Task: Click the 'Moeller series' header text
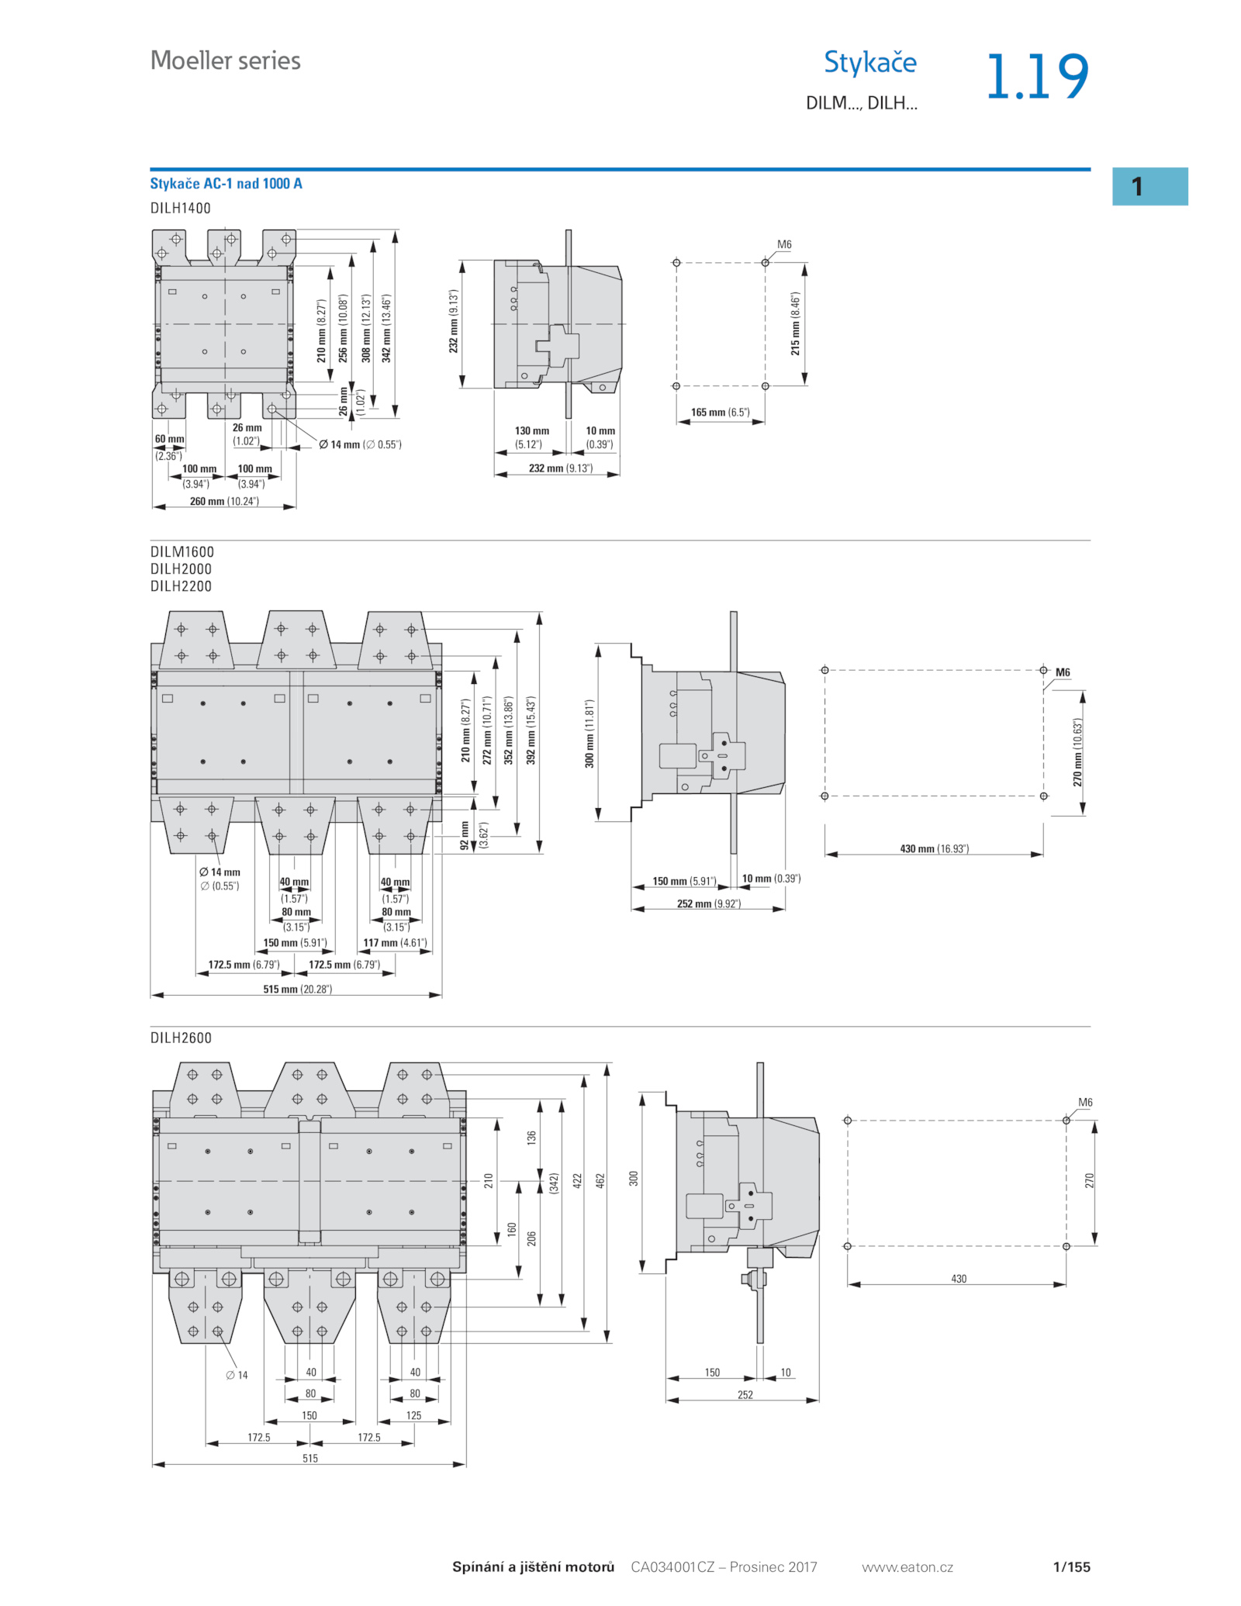coord(225,60)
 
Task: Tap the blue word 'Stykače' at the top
coord(869,62)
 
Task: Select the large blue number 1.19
coord(1037,77)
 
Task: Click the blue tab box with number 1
coord(1149,186)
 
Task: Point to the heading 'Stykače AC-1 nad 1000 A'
coord(226,184)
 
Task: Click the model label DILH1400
coord(180,208)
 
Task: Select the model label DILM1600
coord(181,551)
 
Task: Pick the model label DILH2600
coord(181,1038)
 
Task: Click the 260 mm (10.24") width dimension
coord(224,502)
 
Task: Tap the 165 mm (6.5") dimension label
coord(721,413)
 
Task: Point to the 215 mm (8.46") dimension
coord(795,324)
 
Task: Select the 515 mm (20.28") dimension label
coord(297,990)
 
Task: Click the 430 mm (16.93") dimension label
coord(934,849)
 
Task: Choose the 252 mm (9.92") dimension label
coord(708,904)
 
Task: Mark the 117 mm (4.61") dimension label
coord(395,943)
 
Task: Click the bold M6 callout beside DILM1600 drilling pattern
coord(1063,672)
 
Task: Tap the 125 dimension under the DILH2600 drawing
coord(414,1415)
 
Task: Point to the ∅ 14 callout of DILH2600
coord(237,1375)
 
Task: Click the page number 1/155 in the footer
coord(1071,1567)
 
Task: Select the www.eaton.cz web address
coord(907,1567)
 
